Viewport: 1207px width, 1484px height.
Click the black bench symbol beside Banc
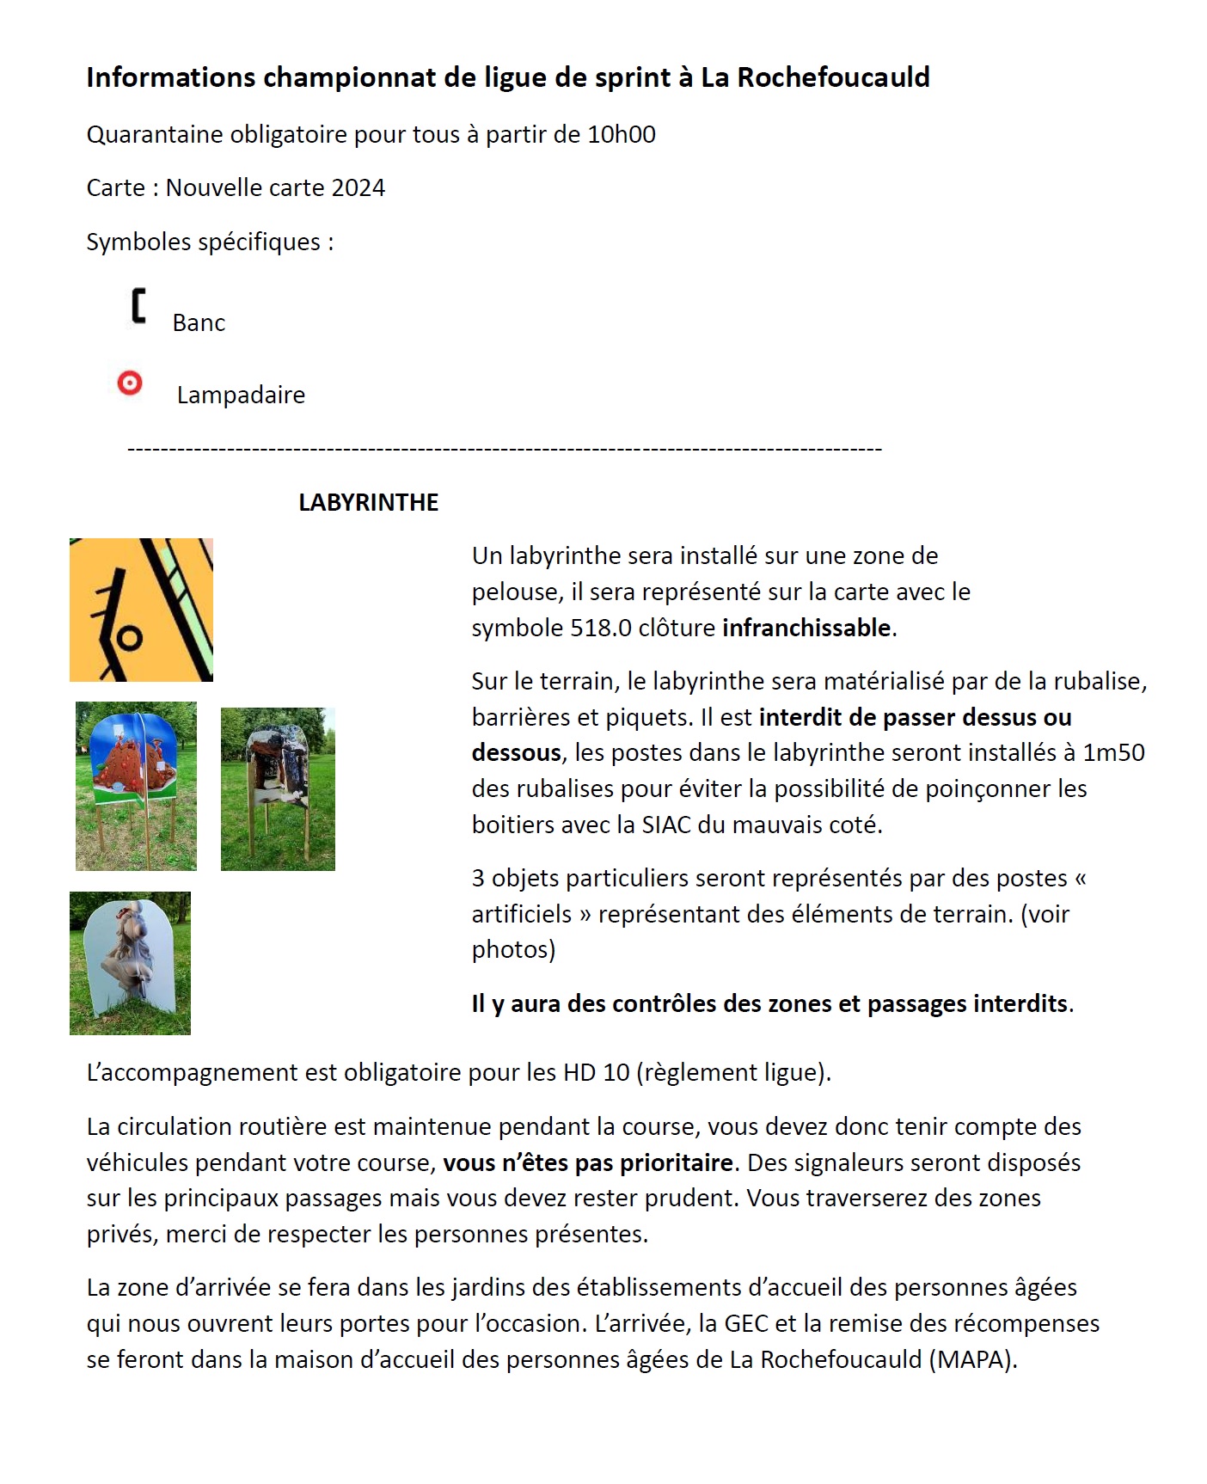pyautogui.click(x=138, y=307)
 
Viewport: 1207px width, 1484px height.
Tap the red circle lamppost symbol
pyautogui.click(x=130, y=383)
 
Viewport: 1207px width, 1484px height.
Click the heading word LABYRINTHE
pyautogui.click(x=368, y=503)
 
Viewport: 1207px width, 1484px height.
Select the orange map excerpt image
pyautogui.click(x=141, y=610)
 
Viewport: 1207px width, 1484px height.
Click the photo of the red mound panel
pyautogui.click(x=136, y=786)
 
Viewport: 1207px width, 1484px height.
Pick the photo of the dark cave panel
pyautogui.click(x=278, y=788)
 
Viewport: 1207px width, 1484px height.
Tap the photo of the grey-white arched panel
pyautogui.click(x=130, y=963)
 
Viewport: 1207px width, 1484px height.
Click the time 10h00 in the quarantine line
pyautogui.click(x=621, y=135)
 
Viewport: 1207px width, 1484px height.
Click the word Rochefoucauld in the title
pyautogui.click(x=833, y=78)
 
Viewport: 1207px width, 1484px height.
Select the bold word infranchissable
pyautogui.click(x=806, y=628)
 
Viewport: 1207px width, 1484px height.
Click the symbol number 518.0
pyautogui.click(x=600, y=628)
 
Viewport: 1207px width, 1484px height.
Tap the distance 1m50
pyautogui.click(x=1113, y=753)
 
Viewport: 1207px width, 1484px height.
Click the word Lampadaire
pyautogui.click(x=241, y=396)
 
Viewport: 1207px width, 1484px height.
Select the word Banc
pyautogui.click(x=199, y=323)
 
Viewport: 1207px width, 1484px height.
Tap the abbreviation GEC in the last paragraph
pyautogui.click(x=746, y=1323)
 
